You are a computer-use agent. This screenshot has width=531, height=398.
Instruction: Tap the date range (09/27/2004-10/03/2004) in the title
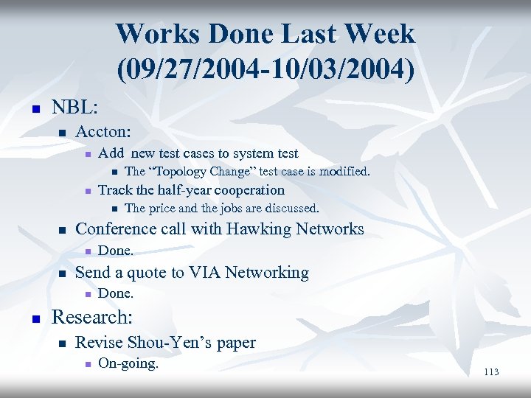[x=265, y=69]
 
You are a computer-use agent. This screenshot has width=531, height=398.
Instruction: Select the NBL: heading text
[x=74, y=108]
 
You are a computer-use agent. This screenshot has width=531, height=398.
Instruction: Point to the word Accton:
[x=103, y=132]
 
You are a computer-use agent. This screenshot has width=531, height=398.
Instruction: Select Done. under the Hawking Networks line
[x=115, y=251]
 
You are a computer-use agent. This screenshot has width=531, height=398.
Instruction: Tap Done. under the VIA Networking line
[x=115, y=293]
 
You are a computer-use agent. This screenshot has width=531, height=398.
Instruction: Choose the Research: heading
[x=91, y=318]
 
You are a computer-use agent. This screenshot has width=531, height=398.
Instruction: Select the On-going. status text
[x=128, y=363]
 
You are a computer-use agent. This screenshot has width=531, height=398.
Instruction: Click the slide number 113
[x=491, y=372]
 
